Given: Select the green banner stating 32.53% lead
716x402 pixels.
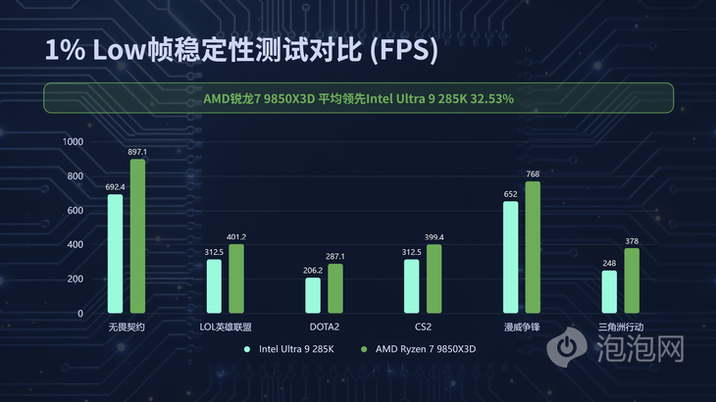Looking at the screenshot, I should point(358,98).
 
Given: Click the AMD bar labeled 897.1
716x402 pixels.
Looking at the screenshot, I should point(137,235).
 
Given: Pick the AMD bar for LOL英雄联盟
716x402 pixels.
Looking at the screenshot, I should point(236,278).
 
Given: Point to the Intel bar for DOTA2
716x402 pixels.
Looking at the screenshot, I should point(313,295).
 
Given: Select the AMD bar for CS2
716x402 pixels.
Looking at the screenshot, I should point(435,278).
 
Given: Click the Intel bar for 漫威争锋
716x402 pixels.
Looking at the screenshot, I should point(510,257).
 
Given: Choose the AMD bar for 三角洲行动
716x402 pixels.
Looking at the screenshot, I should point(632,280).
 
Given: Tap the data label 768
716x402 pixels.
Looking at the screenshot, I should point(533,174).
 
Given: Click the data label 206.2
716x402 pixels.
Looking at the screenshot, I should point(312,270).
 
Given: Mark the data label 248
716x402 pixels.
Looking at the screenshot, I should point(609,263).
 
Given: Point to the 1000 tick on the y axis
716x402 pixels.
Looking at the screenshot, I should point(73,141).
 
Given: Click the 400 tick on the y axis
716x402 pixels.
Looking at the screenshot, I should point(76,244).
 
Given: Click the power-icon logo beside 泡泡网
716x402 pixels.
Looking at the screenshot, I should point(566,347).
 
